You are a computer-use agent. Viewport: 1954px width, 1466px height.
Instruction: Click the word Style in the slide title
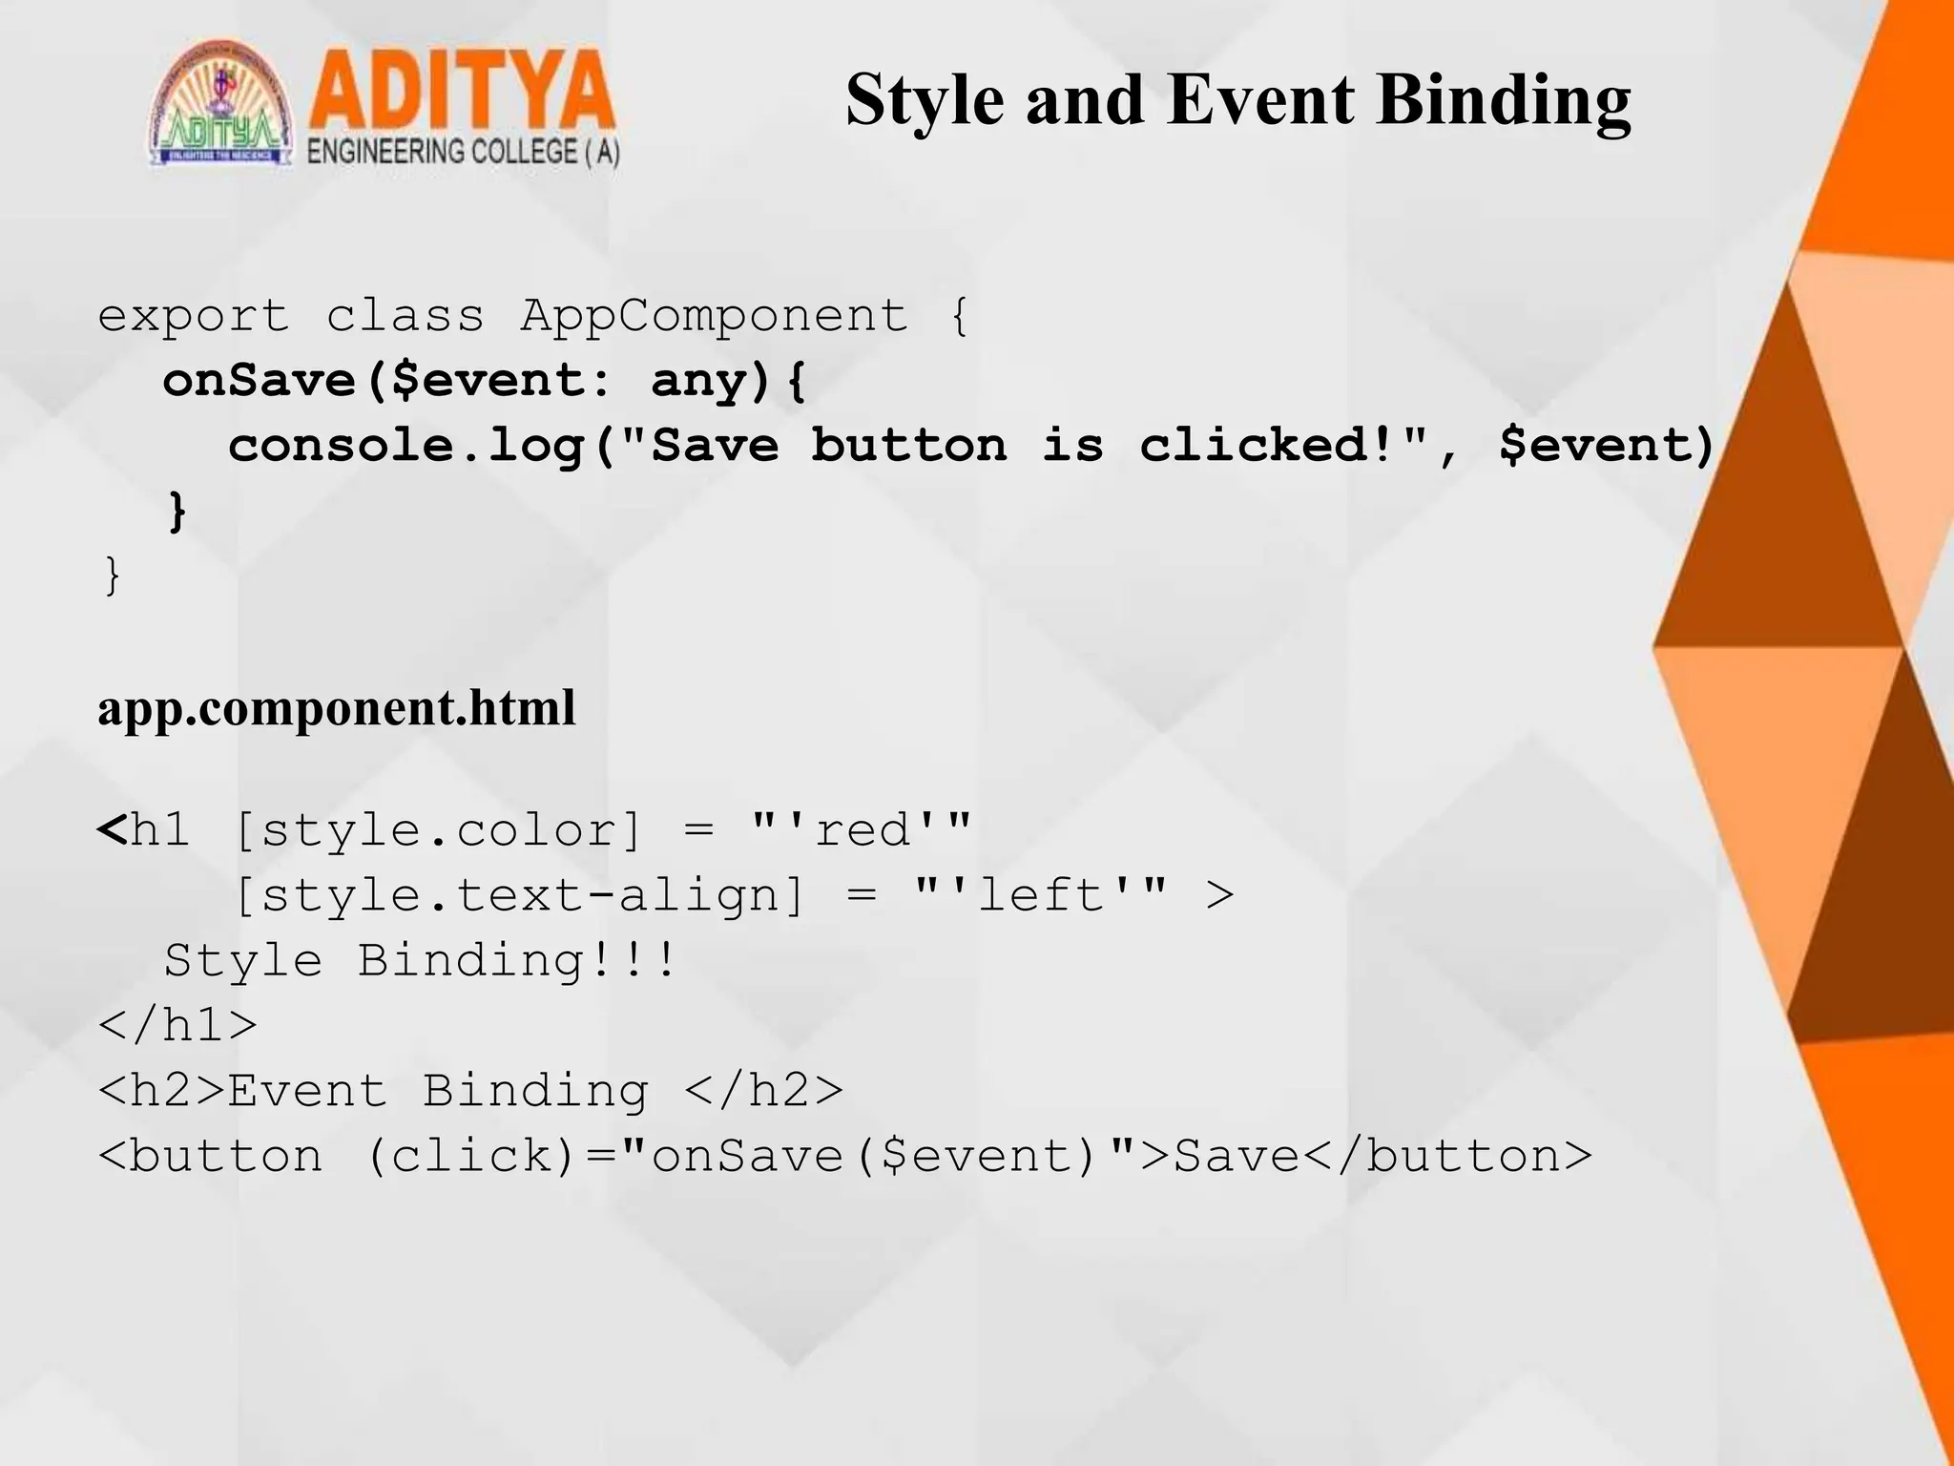tap(924, 101)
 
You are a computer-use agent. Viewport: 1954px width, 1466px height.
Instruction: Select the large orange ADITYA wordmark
tap(461, 93)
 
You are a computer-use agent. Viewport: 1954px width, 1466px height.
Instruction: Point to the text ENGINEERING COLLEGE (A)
tap(463, 153)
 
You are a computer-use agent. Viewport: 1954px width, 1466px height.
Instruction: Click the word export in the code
tap(194, 316)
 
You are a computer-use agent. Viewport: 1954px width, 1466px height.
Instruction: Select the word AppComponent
tap(714, 316)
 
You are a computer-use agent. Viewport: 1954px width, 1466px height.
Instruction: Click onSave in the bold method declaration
tap(260, 381)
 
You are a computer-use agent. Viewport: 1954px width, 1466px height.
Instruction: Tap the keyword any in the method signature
tap(698, 381)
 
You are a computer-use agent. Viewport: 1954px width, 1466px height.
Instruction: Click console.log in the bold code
tap(406, 446)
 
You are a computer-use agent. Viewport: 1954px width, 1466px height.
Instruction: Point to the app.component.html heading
tap(336, 708)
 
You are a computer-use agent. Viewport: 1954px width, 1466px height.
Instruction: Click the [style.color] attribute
tap(438, 830)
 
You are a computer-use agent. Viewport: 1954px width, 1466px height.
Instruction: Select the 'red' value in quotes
tap(862, 830)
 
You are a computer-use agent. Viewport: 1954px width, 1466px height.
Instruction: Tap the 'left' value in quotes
tap(1040, 895)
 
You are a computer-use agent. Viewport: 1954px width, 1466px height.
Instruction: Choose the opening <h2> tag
tap(161, 1091)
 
